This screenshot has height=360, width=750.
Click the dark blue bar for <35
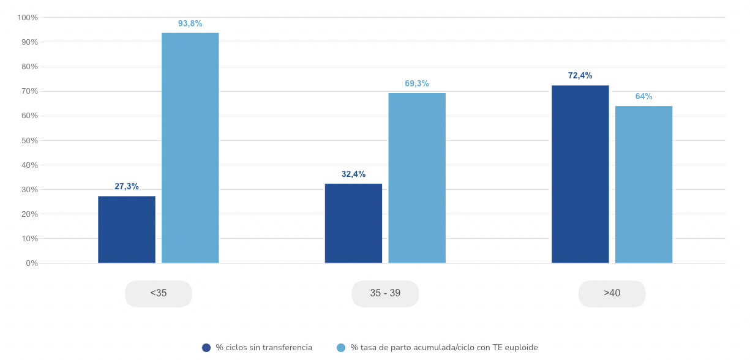click(x=127, y=230)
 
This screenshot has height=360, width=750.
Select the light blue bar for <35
click(x=190, y=148)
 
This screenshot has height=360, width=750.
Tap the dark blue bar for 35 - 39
click(x=353, y=223)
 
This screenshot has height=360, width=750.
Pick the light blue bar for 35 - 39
click(x=417, y=178)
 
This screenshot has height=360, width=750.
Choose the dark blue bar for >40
click(x=580, y=174)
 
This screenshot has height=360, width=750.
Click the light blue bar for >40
click(x=644, y=184)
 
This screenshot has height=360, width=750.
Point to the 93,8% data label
click(x=190, y=23)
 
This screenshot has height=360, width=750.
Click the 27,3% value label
click(x=127, y=186)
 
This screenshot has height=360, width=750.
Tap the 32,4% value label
click(x=354, y=174)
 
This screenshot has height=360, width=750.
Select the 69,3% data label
click(x=417, y=83)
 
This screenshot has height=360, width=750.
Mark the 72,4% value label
click(x=580, y=76)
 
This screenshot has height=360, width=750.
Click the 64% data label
click(x=644, y=97)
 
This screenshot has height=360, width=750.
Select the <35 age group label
click(x=159, y=293)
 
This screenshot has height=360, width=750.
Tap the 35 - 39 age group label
click(x=385, y=293)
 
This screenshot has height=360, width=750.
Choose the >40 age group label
click(x=612, y=293)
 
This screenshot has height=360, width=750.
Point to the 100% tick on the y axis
click(x=28, y=18)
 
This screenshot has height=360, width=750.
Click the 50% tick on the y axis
click(x=29, y=141)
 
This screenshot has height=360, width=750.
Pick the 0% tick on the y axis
click(x=32, y=263)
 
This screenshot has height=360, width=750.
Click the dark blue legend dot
click(x=206, y=348)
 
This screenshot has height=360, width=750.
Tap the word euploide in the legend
click(x=520, y=348)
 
